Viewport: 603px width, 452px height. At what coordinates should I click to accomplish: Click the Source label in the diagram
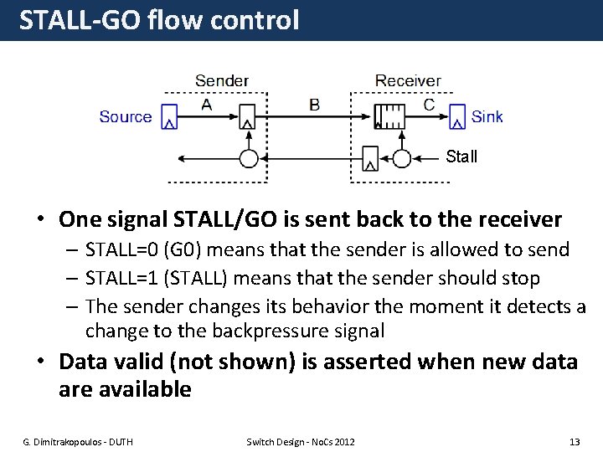(126, 117)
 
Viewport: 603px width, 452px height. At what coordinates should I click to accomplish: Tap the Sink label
(487, 117)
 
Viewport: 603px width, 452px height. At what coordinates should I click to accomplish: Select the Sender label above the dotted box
(221, 81)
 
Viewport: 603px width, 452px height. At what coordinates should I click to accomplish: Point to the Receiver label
(408, 81)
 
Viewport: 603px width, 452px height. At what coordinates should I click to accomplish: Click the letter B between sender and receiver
(314, 105)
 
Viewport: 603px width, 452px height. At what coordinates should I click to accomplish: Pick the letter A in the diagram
(207, 105)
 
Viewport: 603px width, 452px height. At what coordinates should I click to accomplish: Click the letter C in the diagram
(429, 105)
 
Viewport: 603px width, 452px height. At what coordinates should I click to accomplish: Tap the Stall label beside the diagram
(461, 157)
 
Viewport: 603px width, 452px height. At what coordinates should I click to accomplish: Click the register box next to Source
(169, 117)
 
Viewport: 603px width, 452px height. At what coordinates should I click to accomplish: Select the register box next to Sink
(457, 117)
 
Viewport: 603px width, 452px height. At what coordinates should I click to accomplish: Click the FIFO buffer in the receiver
(389, 116)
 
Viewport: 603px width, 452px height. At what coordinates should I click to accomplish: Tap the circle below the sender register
(248, 158)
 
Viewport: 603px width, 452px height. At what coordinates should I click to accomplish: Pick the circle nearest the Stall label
(402, 158)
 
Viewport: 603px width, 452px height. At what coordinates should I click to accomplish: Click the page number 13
(574, 441)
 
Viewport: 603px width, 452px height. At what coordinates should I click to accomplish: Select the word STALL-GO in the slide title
(79, 20)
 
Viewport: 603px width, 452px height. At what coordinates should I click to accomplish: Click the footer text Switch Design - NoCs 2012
(301, 441)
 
